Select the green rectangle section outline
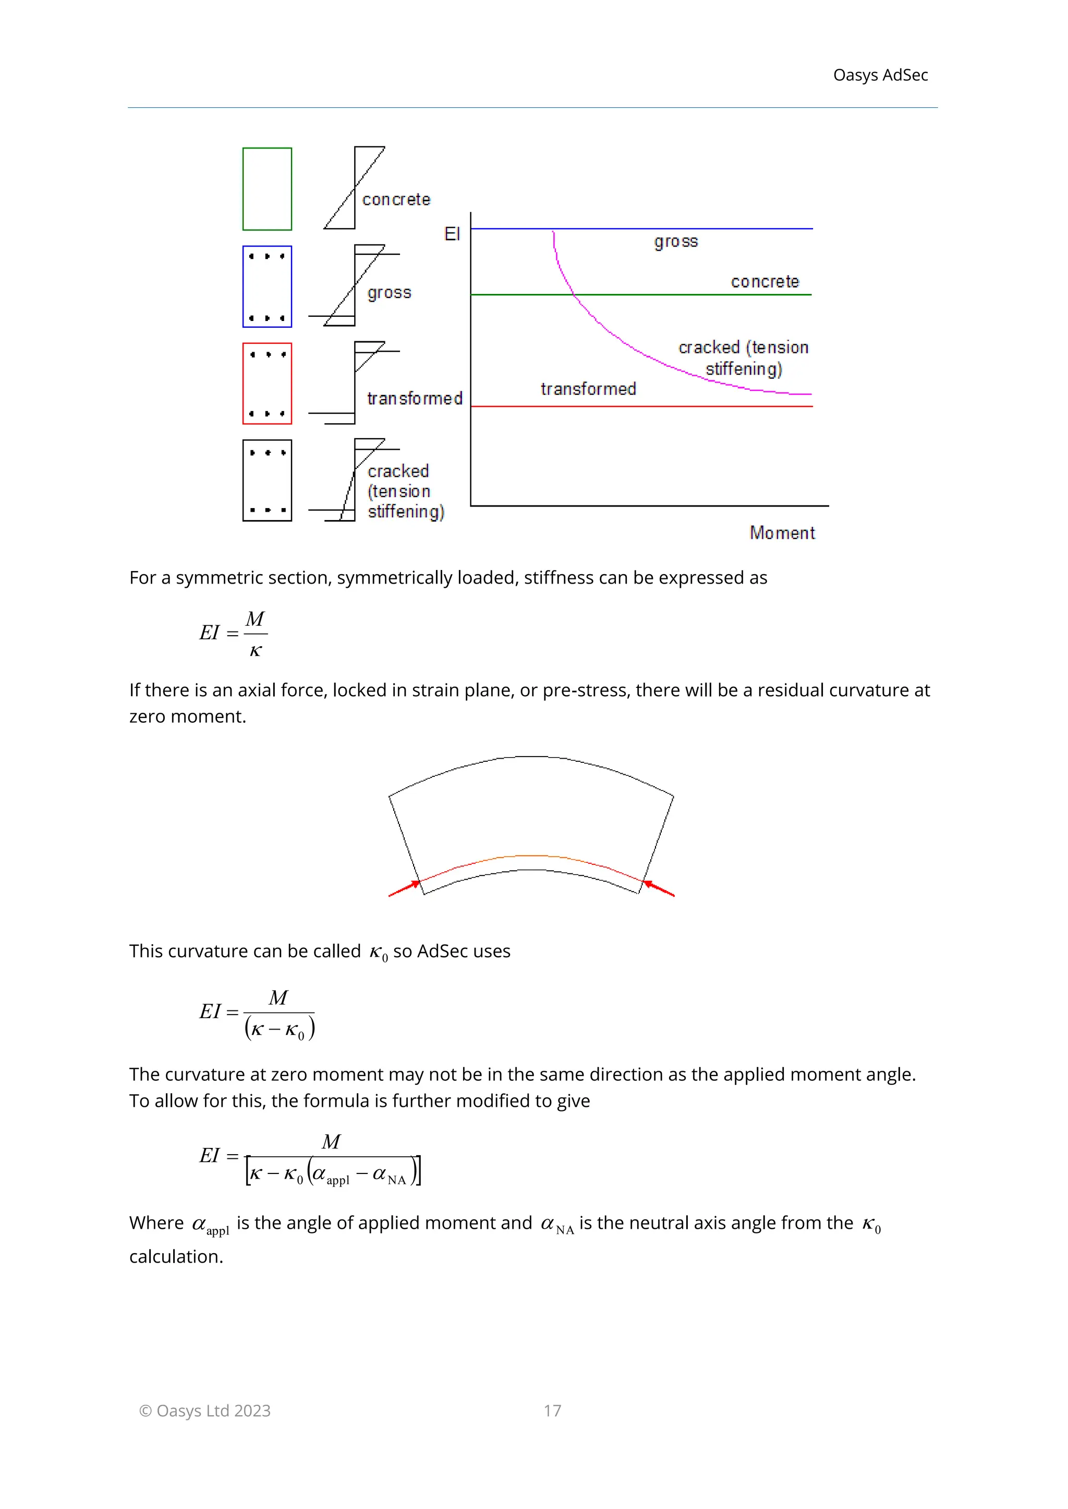click(x=267, y=189)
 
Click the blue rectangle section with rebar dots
click(x=267, y=287)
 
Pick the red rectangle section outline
click(x=267, y=384)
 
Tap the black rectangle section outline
click(x=267, y=480)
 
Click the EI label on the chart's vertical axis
click(x=453, y=234)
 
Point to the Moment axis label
click(x=782, y=533)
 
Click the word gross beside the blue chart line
click(x=676, y=242)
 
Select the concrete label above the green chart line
click(x=765, y=282)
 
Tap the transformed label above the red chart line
click(x=588, y=389)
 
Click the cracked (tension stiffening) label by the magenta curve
click(x=743, y=358)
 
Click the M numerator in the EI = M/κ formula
click(x=254, y=619)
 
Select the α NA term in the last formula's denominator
click(x=389, y=1174)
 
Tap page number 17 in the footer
click(x=552, y=1411)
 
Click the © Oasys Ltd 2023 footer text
click(x=204, y=1411)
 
